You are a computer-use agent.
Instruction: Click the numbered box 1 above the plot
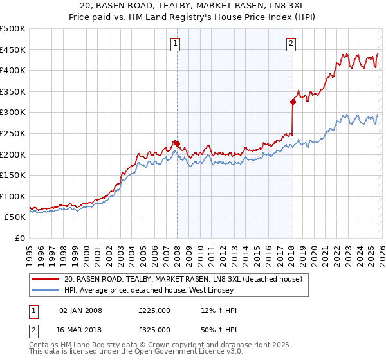175,44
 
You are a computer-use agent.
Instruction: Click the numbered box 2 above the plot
291,44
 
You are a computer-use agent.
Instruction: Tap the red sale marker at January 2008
177,143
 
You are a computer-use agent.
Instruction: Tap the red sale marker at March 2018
293,102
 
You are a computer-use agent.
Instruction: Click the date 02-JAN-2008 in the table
80,310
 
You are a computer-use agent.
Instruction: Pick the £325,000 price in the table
154,329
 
